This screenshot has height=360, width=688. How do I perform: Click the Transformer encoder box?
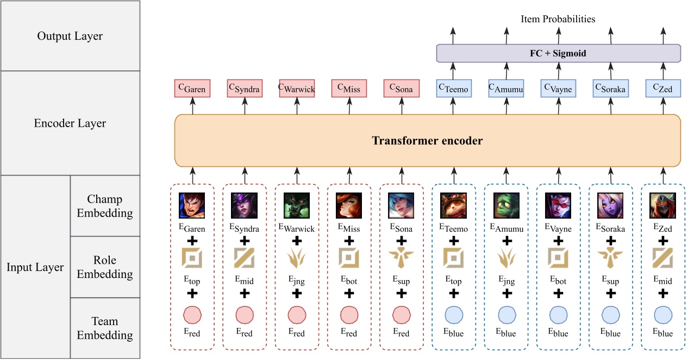coord(427,140)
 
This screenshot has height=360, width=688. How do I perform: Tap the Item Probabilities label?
coord(558,19)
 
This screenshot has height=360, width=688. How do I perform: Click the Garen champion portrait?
coord(192,206)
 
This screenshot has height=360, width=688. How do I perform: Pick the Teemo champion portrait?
coord(453,206)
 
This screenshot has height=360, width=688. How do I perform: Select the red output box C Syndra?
coord(245,89)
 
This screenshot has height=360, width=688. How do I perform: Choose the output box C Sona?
coord(401,89)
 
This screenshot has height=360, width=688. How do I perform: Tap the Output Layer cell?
coord(70,36)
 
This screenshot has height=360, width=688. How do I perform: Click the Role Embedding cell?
coord(104,267)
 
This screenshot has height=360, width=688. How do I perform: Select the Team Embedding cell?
coord(104,328)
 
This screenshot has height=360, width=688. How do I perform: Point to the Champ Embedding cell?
coord(104,206)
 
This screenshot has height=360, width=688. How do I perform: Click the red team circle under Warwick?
coord(297,315)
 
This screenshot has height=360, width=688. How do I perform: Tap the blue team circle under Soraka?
coord(611,315)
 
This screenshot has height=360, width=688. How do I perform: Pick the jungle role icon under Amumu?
coord(506,258)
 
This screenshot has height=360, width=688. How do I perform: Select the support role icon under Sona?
coord(401,258)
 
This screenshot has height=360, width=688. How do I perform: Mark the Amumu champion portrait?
coord(506,206)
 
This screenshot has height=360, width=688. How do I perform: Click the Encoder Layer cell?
coord(70,123)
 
